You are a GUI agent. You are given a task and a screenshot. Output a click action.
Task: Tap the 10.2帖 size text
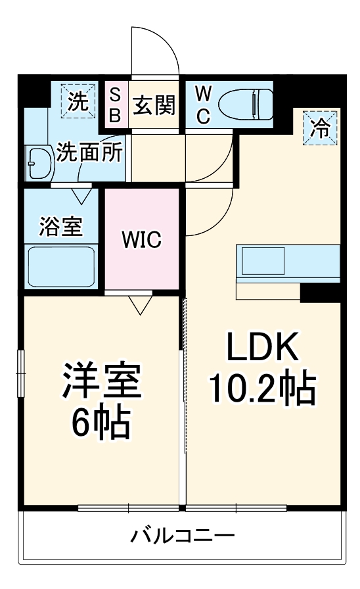point(263,390)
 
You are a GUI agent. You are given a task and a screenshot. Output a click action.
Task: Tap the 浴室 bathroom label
point(61,227)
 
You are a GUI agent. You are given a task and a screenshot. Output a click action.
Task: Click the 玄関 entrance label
point(154,105)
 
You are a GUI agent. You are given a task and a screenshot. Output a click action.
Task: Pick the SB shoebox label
point(114,105)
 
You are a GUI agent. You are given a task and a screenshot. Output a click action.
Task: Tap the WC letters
point(202,105)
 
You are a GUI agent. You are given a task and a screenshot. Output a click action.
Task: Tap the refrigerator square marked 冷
point(321,126)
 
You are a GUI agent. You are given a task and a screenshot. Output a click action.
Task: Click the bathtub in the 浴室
point(61,266)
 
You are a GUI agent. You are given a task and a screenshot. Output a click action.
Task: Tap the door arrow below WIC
point(140,304)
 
